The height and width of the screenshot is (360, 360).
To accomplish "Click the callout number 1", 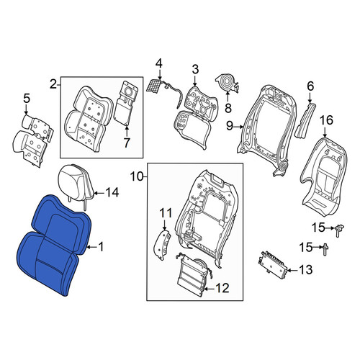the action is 102,247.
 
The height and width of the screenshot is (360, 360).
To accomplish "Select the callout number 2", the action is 54,84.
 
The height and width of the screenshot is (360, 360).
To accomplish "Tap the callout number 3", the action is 195,69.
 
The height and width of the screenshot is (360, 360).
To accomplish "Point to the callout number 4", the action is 159,63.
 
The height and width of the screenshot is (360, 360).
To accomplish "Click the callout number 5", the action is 27,99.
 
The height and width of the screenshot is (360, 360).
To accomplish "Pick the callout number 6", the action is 310,86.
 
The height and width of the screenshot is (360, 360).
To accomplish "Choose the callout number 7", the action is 127,143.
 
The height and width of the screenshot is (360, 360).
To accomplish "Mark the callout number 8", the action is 228,107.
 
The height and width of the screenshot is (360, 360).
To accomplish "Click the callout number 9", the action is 230,125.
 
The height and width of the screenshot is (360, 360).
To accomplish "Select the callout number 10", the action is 137,177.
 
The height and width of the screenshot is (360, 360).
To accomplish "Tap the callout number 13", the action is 305,269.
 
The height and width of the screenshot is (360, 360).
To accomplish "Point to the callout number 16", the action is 326,120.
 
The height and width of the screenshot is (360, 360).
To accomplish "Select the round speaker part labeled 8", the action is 228,83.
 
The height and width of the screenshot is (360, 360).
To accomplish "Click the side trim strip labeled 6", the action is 305,120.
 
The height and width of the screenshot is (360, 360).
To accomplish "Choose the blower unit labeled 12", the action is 194,274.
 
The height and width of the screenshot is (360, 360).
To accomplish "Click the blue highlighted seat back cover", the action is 54,245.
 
